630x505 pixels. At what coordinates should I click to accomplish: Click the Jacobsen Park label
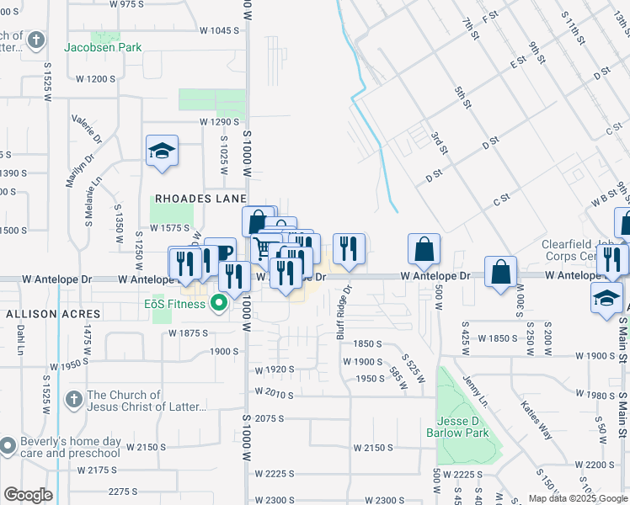click(103, 48)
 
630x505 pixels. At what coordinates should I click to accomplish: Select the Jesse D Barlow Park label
click(462, 427)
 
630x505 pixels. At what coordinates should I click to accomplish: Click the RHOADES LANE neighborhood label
click(198, 199)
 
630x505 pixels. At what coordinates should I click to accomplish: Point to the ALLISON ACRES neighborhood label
click(53, 313)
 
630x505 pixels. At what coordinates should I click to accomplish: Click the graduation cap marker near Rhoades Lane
click(162, 151)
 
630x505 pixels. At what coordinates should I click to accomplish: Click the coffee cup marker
click(221, 252)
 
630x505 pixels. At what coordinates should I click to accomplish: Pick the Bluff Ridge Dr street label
click(344, 312)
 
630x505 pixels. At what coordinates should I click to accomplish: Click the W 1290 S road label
click(215, 121)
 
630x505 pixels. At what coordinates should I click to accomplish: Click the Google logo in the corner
click(28, 494)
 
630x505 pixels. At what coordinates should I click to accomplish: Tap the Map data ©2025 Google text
click(576, 497)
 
